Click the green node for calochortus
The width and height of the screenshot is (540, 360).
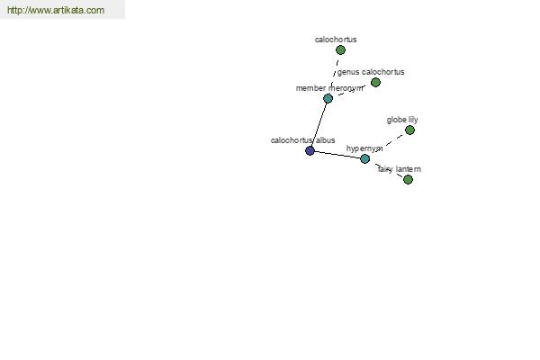pos(340,50)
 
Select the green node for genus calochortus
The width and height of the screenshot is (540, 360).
pos(375,82)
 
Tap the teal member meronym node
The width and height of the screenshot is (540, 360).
pos(328,98)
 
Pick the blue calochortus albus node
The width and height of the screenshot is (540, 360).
pos(310,150)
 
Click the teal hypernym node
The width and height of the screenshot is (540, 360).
pos(364,158)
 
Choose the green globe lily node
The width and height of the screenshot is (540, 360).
pos(409,130)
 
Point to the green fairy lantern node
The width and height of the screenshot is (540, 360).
pos(408,179)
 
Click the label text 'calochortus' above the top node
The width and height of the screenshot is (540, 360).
pos(336,40)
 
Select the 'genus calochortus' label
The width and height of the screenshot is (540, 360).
pos(371,72)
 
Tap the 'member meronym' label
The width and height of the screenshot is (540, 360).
pos(329,88)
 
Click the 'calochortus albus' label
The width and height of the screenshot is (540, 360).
pos(302,140)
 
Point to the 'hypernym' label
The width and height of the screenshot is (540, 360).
pos(364,148)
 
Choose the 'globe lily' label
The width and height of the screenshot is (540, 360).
pos(402,120)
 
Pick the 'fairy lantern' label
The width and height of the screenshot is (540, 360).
pos(400,169)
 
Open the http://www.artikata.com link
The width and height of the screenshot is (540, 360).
pos(56,10)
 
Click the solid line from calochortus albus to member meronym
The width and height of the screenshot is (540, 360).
pos(319,124)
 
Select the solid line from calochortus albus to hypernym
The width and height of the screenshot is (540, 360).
pos(337,155)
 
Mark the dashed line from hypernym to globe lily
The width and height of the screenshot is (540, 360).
pos(387,144)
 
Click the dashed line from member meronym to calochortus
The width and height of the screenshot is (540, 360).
pos(334,74)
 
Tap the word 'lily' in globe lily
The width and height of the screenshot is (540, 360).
pos(413,120)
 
